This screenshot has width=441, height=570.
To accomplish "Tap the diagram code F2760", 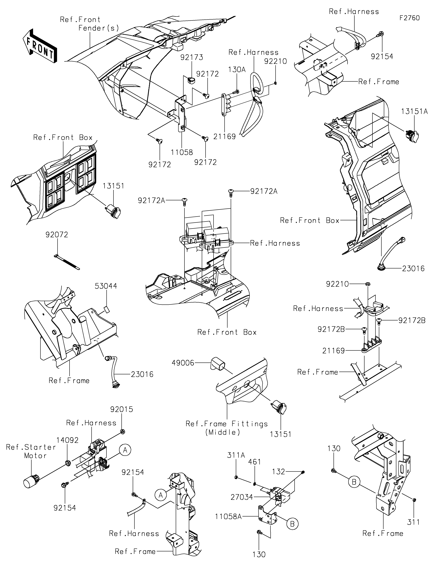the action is pyautogui.click(x=409, y=18).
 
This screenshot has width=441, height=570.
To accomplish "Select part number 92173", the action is pyautogui.click(x=192, y=57).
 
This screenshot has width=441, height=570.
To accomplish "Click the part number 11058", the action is pyautogui.click(x=182, y=152).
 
